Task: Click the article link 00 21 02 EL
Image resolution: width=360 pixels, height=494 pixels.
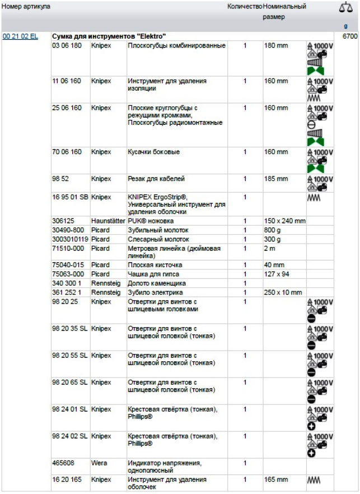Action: [x=20, y=36]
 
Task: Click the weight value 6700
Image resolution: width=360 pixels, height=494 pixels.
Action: [x=350, y=36]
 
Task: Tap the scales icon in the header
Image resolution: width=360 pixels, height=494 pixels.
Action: [x=345, y=7]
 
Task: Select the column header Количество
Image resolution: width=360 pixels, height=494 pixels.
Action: [x=245, y=7]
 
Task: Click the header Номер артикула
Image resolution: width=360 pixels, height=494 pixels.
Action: [x=26, y=7]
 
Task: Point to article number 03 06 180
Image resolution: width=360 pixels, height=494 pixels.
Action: [x=67, y=45]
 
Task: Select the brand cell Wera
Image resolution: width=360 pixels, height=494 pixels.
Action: [x=99, y=463]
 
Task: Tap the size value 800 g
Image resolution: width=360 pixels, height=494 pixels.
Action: [x=274, y=230]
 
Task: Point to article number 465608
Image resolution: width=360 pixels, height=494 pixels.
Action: [x=63, y=463]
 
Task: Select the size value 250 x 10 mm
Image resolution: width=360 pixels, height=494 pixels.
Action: [x=283, y=292]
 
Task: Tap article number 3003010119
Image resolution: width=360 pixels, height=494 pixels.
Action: [x=70, y=239]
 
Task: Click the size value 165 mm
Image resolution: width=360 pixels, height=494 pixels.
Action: [x=276, y=480]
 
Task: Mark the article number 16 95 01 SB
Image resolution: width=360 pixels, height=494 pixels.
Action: [x=70, y=197]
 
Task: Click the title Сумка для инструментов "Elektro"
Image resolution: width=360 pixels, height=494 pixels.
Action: [x=109, y=36]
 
